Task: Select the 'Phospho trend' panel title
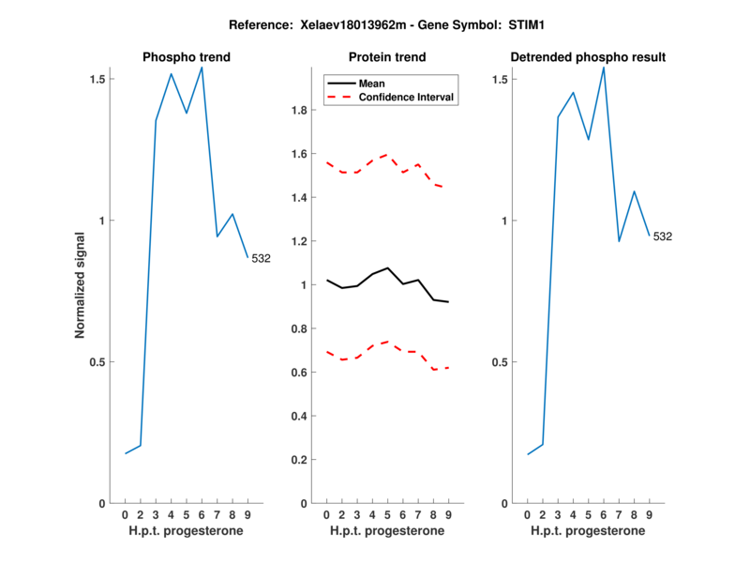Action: pos(187,57)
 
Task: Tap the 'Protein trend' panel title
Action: pos(387,57)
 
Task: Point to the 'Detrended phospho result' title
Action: pos(588,57)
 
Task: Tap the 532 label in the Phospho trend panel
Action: pos(261,258)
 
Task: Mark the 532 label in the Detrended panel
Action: pos(662,237)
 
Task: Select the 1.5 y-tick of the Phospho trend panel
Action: pos(98,80)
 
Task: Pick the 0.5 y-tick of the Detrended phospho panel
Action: pos(501,362)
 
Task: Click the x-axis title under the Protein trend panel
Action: pos(387,531)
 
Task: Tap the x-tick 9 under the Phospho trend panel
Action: pos(247,515)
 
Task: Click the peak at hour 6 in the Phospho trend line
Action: pos(202,68)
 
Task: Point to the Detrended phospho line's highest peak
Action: pos(604,67)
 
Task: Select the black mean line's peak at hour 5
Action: pos(387,267)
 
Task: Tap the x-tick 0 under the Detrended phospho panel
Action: pos(527,515)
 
